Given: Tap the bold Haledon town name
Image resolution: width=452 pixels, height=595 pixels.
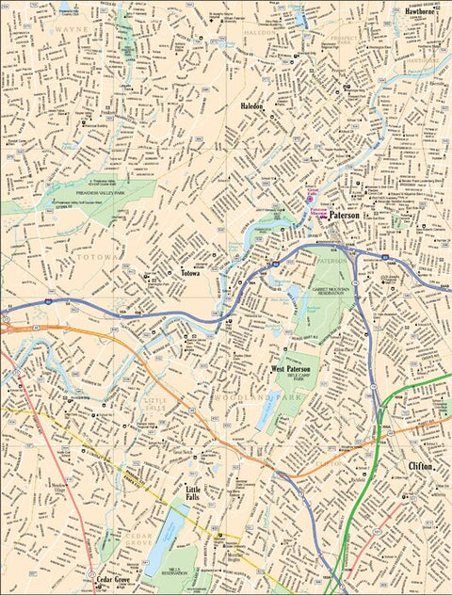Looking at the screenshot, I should click(252, 107).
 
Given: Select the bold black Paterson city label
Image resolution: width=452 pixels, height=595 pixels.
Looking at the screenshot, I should click(345, 216).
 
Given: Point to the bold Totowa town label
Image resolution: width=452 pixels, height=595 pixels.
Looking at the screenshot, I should click(194, 275).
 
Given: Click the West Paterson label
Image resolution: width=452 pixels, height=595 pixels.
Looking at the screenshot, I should click(291, 369).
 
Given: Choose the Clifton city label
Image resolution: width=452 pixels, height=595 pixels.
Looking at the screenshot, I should click(420, 466).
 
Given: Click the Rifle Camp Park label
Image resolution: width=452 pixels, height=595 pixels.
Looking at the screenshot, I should click(300, 378).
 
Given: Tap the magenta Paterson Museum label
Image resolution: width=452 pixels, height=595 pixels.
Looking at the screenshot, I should click(318, 214).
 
